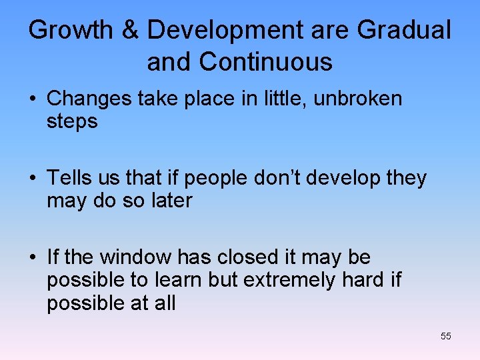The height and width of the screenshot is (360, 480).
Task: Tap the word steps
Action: pos(72,122)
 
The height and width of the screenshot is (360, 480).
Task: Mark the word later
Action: pos(170,201)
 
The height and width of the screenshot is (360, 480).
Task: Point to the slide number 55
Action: pos(446,336)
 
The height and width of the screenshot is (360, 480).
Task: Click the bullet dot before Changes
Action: pos(32,99)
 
